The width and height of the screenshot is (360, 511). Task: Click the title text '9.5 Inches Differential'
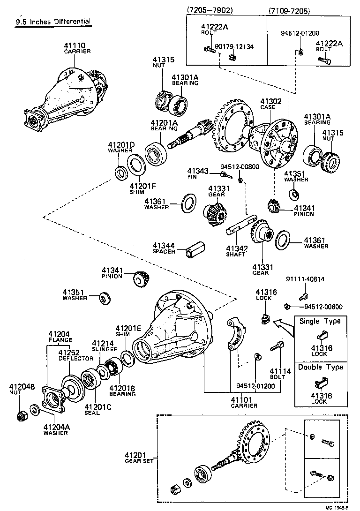[x=52, y=22]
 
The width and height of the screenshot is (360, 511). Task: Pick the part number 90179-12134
[x=234, y=46]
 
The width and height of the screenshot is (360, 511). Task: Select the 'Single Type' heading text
[x=320, y=321]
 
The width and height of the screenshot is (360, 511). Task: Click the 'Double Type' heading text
[x=320, y=367]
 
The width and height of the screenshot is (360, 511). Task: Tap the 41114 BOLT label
[x=277, y=374]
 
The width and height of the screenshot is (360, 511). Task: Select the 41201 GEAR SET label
[x=136, y=458]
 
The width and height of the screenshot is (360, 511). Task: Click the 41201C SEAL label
[x=97, y=409]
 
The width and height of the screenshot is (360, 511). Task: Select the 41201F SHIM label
[x=142, y=188]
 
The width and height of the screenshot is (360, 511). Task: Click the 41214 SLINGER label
[x=105, y=346]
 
